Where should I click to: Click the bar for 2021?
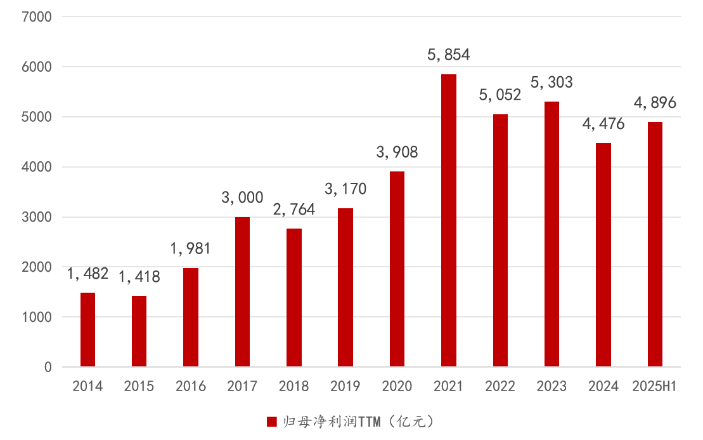(449, 220)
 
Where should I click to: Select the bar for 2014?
(87, 330)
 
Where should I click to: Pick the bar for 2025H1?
(655, 244)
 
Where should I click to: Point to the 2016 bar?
(191, 317)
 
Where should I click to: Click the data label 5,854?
(449, 55)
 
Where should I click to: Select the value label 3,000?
(242, 198)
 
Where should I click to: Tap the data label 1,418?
(139, 277)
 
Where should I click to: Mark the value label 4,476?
(603, 124)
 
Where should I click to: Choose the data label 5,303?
(551, 83)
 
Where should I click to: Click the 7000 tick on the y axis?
(40, 17)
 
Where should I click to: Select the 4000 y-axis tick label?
(40, 167)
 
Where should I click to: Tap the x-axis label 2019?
(345, 386)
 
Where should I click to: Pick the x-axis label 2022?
(500, 386)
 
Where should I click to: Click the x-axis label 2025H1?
(655, 386)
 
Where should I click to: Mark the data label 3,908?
(397, 152)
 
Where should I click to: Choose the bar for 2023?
(551, 234)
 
